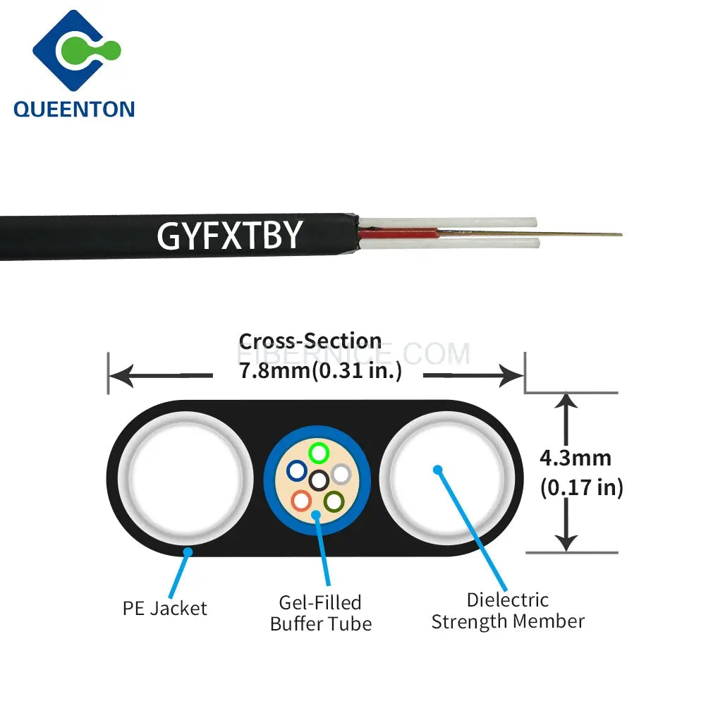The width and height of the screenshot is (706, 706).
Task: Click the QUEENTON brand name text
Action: (73, 108)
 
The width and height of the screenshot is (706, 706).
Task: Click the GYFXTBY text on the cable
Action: (229, 235)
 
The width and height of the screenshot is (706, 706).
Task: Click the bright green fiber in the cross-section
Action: (319, 451)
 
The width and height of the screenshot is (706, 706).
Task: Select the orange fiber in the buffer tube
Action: (301, 501)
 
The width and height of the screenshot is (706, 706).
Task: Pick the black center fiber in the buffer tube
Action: (319, 480)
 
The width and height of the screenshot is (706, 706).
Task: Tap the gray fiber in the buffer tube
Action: (341, 473)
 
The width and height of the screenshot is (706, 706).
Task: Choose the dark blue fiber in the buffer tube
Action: (296, 470)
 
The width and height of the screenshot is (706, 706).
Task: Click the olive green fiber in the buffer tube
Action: (333, 501)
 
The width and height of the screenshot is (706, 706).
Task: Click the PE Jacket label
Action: (165, 608)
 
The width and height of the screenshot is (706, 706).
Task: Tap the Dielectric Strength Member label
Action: (508, 611)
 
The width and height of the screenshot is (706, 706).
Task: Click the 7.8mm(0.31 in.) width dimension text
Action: (320, 371)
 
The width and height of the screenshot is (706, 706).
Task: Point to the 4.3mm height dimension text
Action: (575, 458)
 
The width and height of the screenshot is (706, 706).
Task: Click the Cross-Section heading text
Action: (310, 342)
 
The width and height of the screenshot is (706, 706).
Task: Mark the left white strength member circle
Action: (185, 477)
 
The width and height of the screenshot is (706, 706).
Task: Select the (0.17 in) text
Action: (582, 487)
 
